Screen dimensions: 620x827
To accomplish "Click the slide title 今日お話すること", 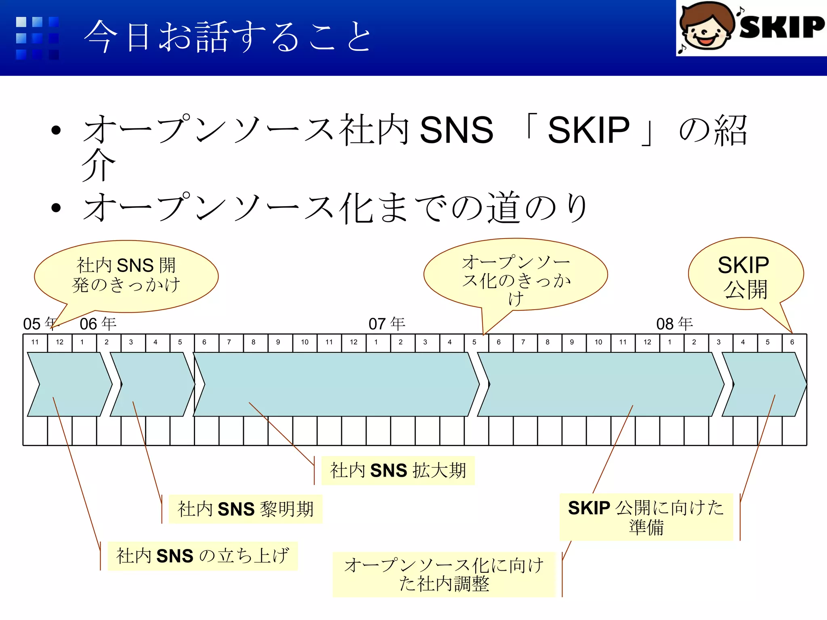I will (x=228, y=37).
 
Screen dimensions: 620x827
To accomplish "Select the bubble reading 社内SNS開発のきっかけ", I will (x=126, y=275).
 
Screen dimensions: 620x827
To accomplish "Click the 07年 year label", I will (x=387, y=323).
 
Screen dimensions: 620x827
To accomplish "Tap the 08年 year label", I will (x=674, y=323).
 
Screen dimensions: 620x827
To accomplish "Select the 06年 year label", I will (x=98, y=323).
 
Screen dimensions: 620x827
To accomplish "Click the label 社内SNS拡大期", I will (x=398, y=471).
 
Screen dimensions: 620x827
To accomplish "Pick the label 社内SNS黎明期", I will (x=246, y=509).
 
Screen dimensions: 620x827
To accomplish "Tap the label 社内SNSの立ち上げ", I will (x=203, y=556).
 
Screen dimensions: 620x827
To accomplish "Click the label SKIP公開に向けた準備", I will (x=646, y=517).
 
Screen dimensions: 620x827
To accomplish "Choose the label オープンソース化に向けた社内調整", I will (x=444, y=574).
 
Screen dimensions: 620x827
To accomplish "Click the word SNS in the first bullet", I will (x=456, y=130).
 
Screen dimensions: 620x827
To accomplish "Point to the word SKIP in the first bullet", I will (x=588, y=130).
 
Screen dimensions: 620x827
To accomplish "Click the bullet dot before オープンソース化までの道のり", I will (x=56, y=208).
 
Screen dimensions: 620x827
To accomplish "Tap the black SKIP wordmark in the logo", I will (x=781, y=27).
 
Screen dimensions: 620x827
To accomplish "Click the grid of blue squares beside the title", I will (x=38, y=38).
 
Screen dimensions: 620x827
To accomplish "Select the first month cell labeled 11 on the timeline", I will (x=35, y=342).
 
